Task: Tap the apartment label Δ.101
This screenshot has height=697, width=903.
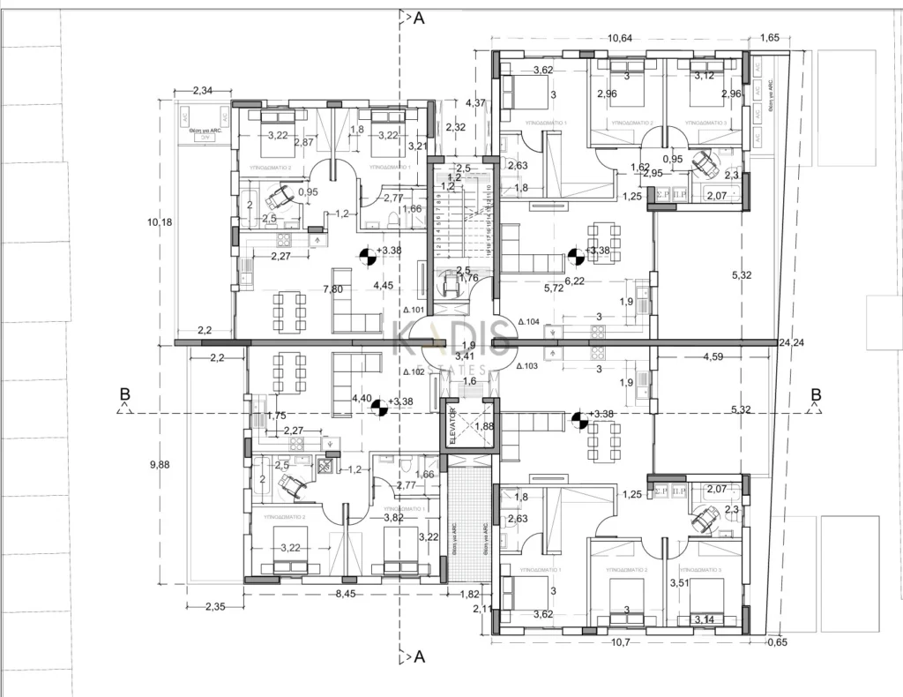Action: pos(414,310)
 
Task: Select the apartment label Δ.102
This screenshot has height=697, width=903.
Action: pos(414,372)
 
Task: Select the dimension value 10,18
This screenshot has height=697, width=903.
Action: pos(160,221)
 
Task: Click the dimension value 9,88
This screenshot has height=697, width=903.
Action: pos(160,464)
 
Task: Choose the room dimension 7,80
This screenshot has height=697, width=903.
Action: pos(333,289)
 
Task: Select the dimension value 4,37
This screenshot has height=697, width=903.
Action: pos(475,102)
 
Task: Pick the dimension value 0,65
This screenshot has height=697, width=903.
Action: pos(777,642)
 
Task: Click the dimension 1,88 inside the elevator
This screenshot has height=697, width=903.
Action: pos(484,427)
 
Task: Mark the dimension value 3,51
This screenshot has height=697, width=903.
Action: pos(679,582)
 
